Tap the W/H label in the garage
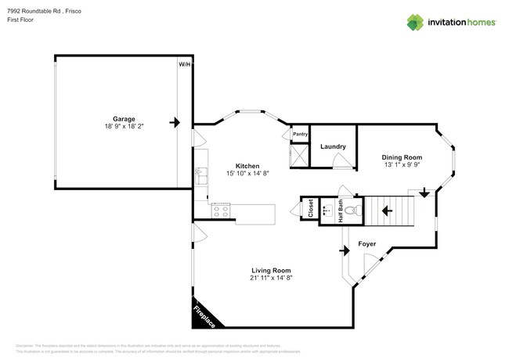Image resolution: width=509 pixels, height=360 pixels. (183, 64)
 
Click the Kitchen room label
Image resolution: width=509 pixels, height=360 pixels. (247, 166)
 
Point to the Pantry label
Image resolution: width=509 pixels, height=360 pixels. (300, 134)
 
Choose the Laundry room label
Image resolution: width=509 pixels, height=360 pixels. (334, 146)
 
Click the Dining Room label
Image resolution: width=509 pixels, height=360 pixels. (402, 157)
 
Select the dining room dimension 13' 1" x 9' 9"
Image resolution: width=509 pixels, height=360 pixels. (402, 165)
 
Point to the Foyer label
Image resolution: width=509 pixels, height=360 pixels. (367, 244)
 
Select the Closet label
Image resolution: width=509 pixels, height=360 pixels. (311, 209)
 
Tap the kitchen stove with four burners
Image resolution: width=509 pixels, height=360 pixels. (221, 210)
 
